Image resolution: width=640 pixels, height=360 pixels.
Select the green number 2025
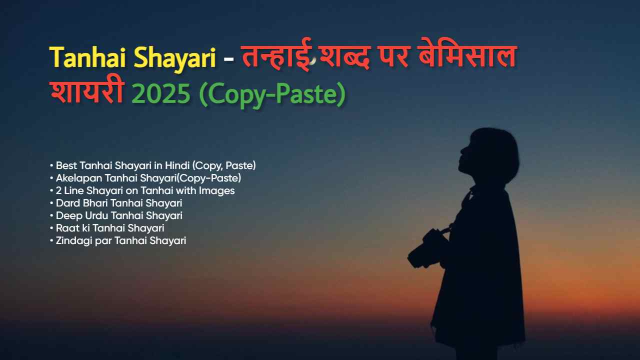point(160,93)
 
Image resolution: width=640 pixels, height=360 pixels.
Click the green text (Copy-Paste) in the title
point(272,93)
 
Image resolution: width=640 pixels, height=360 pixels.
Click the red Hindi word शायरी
point(86,93)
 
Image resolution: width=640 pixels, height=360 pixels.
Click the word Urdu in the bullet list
point(91,215)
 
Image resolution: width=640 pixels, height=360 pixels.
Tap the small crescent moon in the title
point(313,60)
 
